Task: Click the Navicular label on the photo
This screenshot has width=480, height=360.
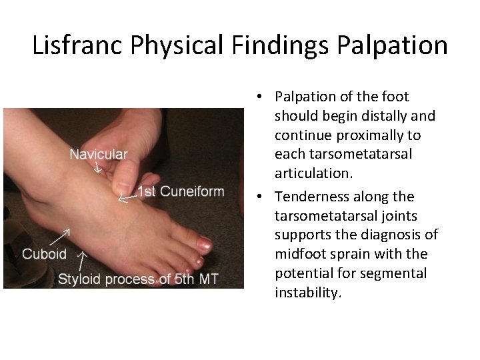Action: pos(99,154)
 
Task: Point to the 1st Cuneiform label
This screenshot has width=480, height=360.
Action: pos(181,192)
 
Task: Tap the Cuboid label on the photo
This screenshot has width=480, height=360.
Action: pos(45,254)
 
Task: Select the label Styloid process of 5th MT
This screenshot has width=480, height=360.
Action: pos(138,279)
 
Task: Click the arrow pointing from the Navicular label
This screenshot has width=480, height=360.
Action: pos(97,167)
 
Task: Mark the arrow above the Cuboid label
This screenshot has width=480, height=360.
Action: pos(61,237)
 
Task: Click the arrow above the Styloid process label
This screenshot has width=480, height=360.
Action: pos(83,260)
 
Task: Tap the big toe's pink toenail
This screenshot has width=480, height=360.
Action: pos(205,245)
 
